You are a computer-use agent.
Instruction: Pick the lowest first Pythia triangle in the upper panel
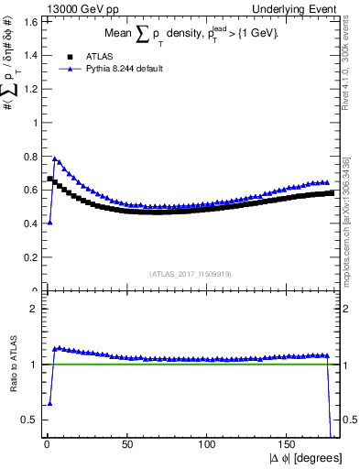point(49,223)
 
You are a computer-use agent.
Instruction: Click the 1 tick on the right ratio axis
point(347,364)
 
